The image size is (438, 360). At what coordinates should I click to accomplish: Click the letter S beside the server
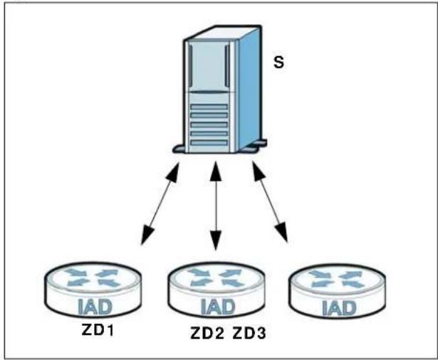278,62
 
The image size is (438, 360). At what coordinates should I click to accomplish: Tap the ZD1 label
98,330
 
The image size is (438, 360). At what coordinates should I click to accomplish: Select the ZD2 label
207,333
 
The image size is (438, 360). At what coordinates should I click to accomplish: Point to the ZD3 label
249,333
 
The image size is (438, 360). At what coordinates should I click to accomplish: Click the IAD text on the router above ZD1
95,307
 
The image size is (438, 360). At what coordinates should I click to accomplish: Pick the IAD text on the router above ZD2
218,307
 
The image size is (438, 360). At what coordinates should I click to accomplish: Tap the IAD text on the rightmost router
339,308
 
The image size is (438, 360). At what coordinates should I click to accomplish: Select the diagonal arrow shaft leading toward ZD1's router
160,203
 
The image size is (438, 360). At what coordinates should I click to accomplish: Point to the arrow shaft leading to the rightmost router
270,202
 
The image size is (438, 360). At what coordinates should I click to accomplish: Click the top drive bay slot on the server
209,107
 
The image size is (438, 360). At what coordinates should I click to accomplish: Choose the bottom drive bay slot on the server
209,142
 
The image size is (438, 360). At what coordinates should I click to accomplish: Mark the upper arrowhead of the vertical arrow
216,171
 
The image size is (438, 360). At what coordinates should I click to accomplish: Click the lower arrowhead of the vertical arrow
216,240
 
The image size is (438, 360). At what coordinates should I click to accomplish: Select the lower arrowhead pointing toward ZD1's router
147,235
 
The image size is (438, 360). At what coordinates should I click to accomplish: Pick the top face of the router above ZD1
92,277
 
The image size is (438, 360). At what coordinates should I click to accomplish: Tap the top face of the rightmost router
337,279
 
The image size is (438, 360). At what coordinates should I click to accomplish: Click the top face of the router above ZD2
216,277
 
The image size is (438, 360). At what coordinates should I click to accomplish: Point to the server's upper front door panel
209,66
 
